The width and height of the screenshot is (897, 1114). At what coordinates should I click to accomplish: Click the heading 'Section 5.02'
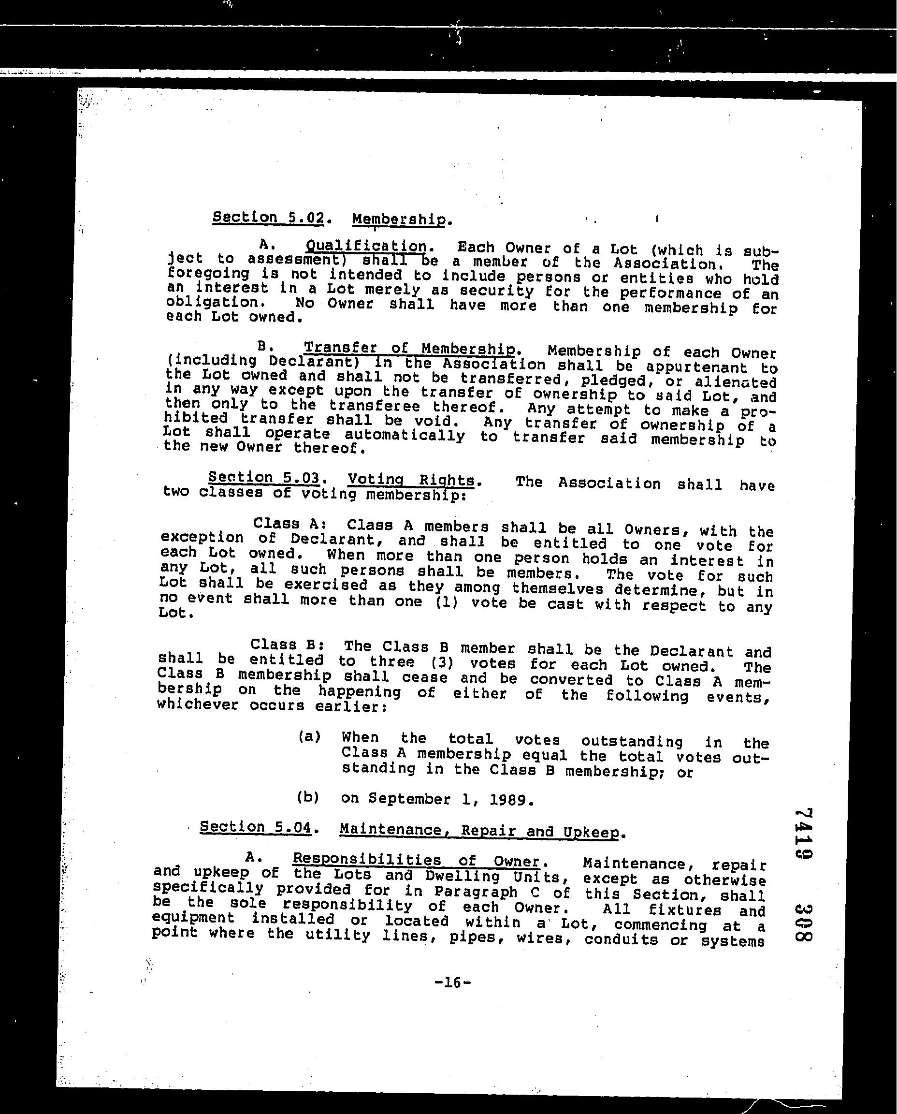pyautogui.click(x=268, y=218)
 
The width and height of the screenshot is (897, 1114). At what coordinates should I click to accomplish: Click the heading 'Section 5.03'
pyautogui.click(x=263, y=478)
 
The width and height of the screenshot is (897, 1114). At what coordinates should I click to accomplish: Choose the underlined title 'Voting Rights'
pyautogui.click(x=411, y=480)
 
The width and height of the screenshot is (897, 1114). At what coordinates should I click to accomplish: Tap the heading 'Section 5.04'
pyautogui.click(x=256, y=827)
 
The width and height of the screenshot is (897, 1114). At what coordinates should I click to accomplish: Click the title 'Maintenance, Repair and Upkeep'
pyautogui.click(x=479, y=831)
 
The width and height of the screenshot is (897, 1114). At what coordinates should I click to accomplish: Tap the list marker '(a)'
pyautogui.click(x=309, y=737)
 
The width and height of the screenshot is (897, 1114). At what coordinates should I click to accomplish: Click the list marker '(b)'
pyautogui.click(x=308, y=797)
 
